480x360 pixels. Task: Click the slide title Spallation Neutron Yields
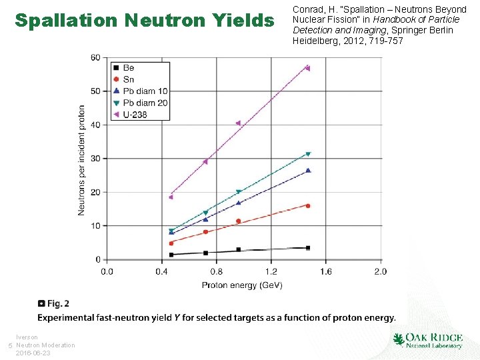[x=144, y=21]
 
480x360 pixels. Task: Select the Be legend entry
[x=128, y=68]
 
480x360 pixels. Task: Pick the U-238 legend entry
[x=134, y=115]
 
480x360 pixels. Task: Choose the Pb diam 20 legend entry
[x=144, y=103]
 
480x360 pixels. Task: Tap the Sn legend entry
[x=128, y=79]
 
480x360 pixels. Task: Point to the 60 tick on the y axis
[x=95, y=58]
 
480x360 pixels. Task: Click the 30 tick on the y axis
[x=95, y=159]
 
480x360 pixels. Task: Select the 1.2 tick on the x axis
[x=271, y=271]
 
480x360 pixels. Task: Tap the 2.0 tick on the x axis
[x=380, y=271]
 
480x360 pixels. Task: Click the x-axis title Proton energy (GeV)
[x=242, y=285]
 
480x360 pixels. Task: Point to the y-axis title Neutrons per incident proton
[x=81, y=159]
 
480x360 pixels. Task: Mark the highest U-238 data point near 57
[x=307, y=68]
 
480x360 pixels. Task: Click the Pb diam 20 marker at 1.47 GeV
[x=308, y=154]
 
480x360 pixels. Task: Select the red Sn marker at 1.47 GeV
[x=308, y=205]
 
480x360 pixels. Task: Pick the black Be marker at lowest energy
[x=171, y=255]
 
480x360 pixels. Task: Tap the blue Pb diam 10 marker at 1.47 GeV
[x=308, y=171]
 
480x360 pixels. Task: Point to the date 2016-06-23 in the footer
[x=33, y=353]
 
